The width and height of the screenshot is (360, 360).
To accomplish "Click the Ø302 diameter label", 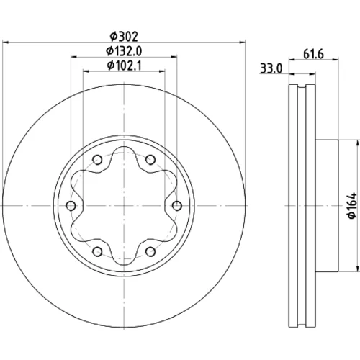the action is [x=124, y=37].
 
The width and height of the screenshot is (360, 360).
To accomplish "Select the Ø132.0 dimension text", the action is [x=124, y=51].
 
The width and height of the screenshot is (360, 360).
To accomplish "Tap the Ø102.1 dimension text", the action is [x=124, y=66].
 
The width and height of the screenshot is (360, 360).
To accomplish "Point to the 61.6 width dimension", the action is [x=313, y=54].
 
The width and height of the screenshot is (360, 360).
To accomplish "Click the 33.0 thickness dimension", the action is [x=271, y=68].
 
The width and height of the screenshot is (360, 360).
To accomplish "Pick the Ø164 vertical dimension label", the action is [x=352, y=205].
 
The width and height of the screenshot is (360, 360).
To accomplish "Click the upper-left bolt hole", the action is [x=97, y=160].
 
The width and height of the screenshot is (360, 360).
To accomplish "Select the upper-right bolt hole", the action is [x=150, y=160].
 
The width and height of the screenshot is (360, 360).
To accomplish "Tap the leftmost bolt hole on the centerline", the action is [x=71, y=206].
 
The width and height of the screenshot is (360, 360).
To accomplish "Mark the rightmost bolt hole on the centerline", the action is [x=177, y=206].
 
